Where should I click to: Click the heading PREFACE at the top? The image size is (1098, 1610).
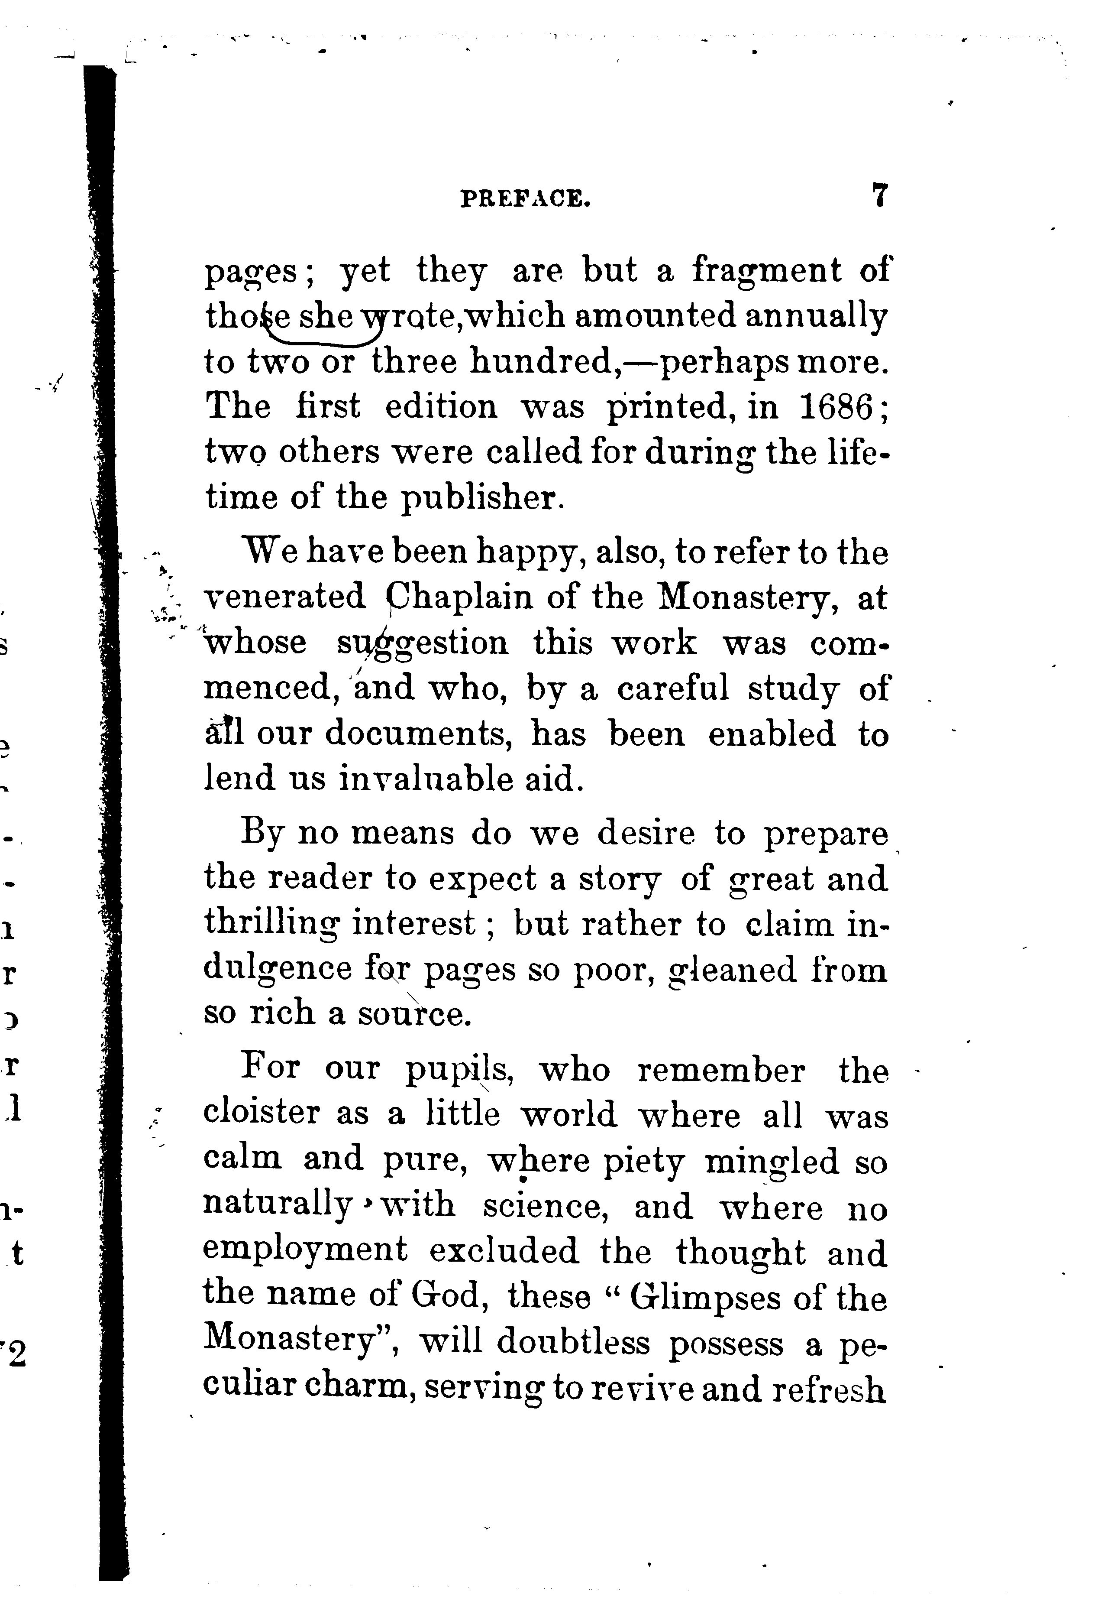point(526,200)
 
